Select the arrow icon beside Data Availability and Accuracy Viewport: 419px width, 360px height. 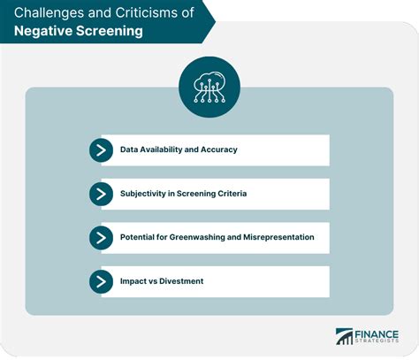coord(102,150)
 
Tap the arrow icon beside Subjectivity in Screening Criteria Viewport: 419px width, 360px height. coord(102,194)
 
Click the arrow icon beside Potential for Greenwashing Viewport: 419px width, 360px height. coord(102,238)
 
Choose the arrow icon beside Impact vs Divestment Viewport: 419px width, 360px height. coord(102,281)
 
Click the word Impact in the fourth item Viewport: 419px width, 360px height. coord(134,281)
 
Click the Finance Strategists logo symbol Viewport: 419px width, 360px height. coord(343,337)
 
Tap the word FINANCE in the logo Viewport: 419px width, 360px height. coord(378,332)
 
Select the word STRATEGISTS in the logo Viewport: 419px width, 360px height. coord(378,342)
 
